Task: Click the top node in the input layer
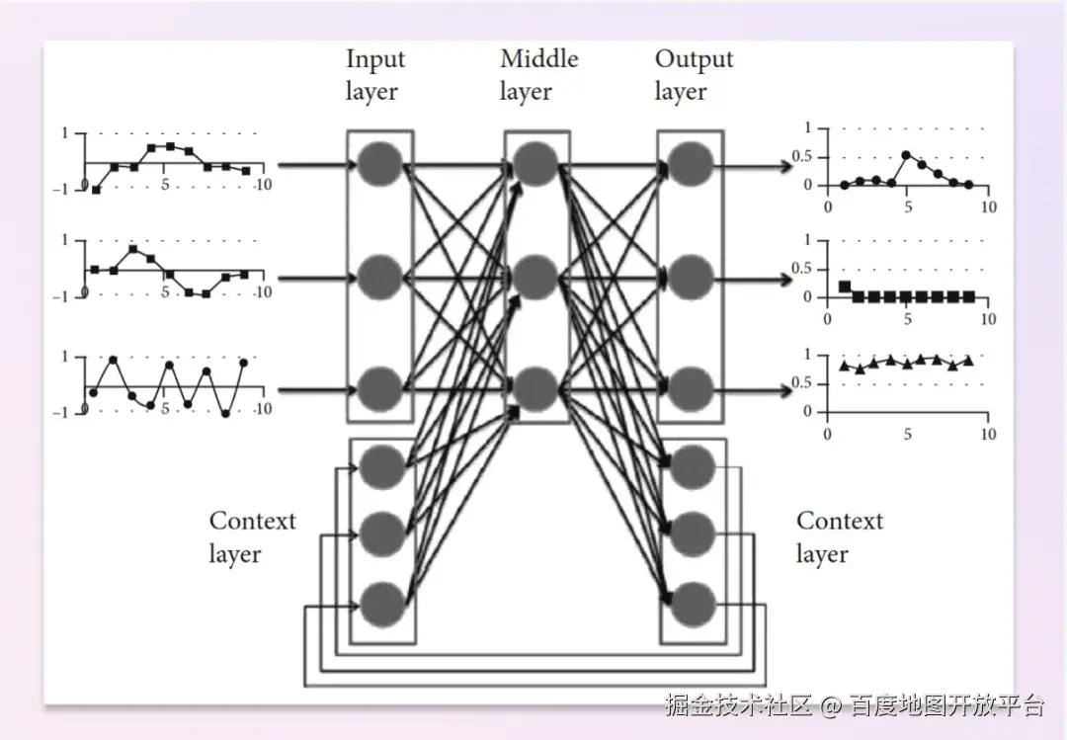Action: point(379,164)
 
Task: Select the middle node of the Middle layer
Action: point(536,277)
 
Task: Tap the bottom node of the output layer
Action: point(691,389)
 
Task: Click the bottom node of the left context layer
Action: point(382,604)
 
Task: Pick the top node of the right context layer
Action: point(693,467)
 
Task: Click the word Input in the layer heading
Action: point(375,60)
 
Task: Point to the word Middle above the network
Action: point(539,58)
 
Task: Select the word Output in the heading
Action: point(695,60)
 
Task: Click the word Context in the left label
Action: point(253,521)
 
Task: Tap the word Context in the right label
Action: point(840,521)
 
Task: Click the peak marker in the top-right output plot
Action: point(906,154)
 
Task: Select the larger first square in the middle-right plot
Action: point(845,287)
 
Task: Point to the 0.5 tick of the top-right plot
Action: point(801,156)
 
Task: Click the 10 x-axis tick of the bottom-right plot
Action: point(988,435)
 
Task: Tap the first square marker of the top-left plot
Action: point(96,190)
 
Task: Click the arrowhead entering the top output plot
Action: point(785,165)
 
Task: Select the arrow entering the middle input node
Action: point(317,278)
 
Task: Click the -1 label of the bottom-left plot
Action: point(60,413)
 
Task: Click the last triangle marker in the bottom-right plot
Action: point(968,361)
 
